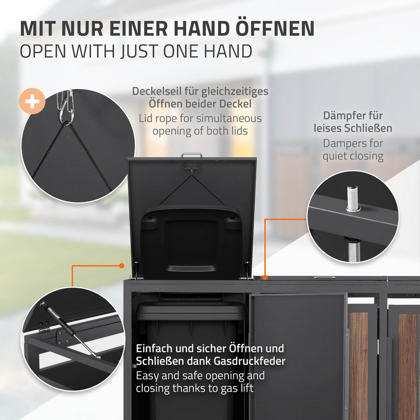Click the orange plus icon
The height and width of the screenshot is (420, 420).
point(32,101)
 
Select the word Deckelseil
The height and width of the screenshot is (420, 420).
point(157,91)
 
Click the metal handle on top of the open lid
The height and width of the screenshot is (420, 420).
point(192,155)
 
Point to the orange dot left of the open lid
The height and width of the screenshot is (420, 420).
point(121,265)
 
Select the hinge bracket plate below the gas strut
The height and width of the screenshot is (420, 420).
point(62,338)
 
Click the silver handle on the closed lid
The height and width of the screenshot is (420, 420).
point(324,278)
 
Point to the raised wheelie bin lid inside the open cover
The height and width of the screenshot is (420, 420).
point(191,242)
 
